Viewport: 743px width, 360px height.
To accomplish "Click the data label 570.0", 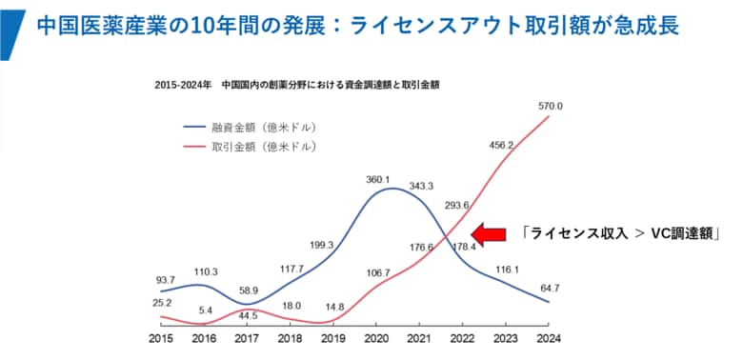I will tap(549, 106).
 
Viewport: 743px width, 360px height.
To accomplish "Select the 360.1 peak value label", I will tap(379, 179).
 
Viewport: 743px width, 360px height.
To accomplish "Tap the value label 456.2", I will tap(502, 146).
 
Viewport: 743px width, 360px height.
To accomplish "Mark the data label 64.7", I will tap(551, 287).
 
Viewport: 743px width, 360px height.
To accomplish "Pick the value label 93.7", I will tap(165, 280).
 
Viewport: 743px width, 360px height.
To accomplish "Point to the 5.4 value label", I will tap(206, 310).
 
